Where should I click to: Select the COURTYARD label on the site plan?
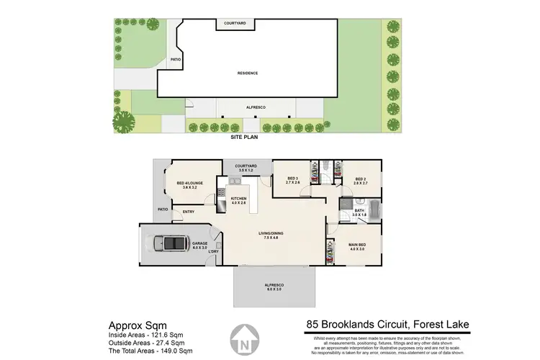[236, 24]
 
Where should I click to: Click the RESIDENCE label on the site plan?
[248, 73]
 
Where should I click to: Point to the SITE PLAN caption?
[244, 137]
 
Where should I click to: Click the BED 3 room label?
[292, 181]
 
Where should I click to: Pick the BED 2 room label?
[361, 181]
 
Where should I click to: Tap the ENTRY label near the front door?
[188, 212]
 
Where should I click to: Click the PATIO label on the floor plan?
[163, 210]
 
